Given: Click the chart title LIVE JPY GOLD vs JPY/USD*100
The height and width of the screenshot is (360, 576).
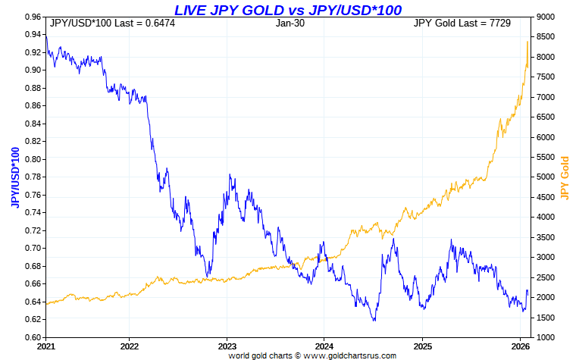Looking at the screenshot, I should tap(287, 10).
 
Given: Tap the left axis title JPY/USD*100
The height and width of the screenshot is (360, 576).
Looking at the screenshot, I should tap(14, 177).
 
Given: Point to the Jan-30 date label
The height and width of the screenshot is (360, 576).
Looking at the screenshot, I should tap(290, 23).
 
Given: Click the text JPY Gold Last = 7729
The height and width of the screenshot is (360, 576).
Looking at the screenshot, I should tap(462, 23).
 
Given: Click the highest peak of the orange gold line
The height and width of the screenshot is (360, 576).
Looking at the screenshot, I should tap(527, 42).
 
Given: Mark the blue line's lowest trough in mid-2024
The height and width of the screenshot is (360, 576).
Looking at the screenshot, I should tap(374, 321).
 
